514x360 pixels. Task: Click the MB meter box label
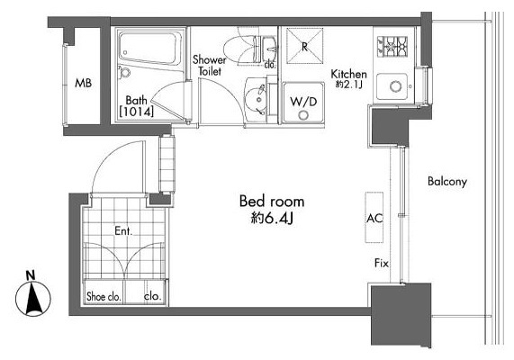(83, 83)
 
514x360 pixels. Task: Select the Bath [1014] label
(136, 106)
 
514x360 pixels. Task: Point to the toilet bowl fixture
(241, 49)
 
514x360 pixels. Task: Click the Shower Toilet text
(210, 66)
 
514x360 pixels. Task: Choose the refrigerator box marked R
(305, 46)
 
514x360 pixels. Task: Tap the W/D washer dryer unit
(303, 103)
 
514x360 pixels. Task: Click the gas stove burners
(392, 46)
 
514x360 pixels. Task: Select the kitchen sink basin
(393, 86)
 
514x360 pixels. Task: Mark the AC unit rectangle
(374, 217)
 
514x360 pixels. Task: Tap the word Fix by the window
(382, 263)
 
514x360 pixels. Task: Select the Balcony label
(447, 181)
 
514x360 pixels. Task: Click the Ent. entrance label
(123, 231)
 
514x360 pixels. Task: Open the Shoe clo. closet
(104, 292)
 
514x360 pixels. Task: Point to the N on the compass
(31, 275)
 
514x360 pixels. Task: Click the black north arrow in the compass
(33, 298)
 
